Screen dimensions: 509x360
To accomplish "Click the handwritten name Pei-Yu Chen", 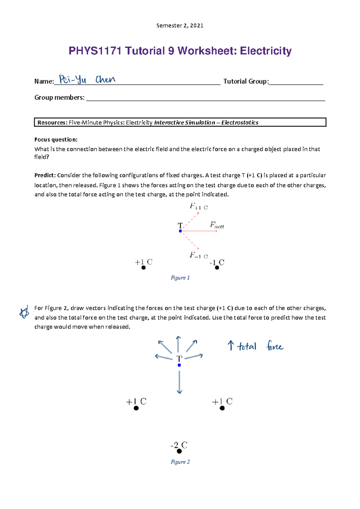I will [87, 79].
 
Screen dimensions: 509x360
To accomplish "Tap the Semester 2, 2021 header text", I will [180, 25].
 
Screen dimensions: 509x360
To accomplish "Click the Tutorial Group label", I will [246, 81].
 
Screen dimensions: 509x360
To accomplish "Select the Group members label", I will [59, 97].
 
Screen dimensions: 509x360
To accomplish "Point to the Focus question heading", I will [56, 139].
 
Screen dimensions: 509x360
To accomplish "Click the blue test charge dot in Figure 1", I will [180, 231].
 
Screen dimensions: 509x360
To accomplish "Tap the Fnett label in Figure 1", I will [217, 225].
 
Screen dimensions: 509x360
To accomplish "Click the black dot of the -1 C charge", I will [217, 268].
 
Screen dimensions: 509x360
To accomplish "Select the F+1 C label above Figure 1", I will [198, 207].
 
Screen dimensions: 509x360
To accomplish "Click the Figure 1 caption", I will [180, 278].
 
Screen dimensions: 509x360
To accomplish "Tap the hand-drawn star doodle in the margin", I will [24, 312].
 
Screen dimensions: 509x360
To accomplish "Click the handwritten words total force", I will [259, 347].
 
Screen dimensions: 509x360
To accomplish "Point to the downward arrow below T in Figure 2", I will [179, 382].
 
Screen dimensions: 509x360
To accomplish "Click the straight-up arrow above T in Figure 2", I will [178, 344].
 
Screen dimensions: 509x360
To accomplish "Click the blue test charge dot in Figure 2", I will [179, 365].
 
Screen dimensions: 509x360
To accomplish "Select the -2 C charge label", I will [179, 445].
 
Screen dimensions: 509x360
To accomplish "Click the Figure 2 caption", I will [180, 462].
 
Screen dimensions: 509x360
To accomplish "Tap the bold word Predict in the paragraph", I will [45, 175].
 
